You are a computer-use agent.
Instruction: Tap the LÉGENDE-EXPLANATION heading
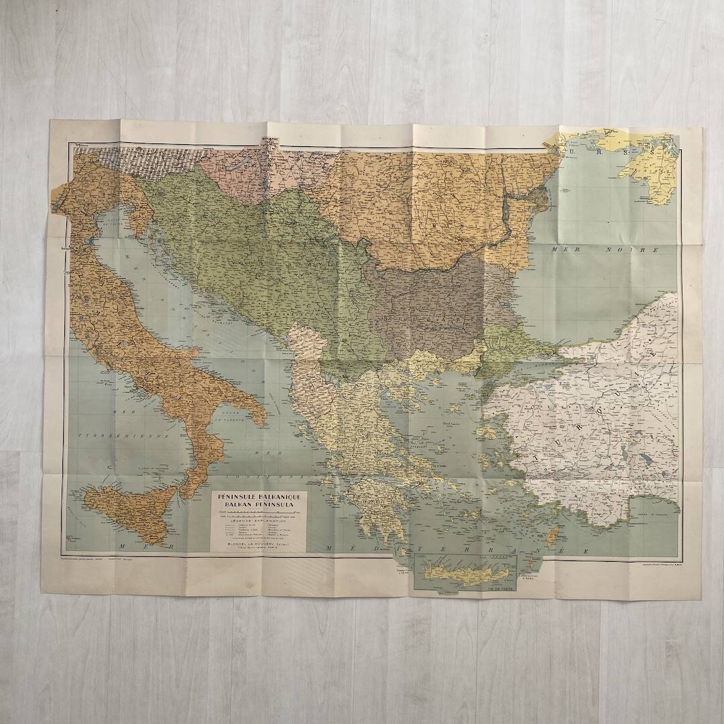[x=259, y=520]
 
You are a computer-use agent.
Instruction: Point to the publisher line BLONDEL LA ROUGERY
[x=258, y=544]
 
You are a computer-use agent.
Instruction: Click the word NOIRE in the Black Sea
[x=606, y=249]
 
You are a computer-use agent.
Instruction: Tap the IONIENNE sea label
[x=282, y=473]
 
